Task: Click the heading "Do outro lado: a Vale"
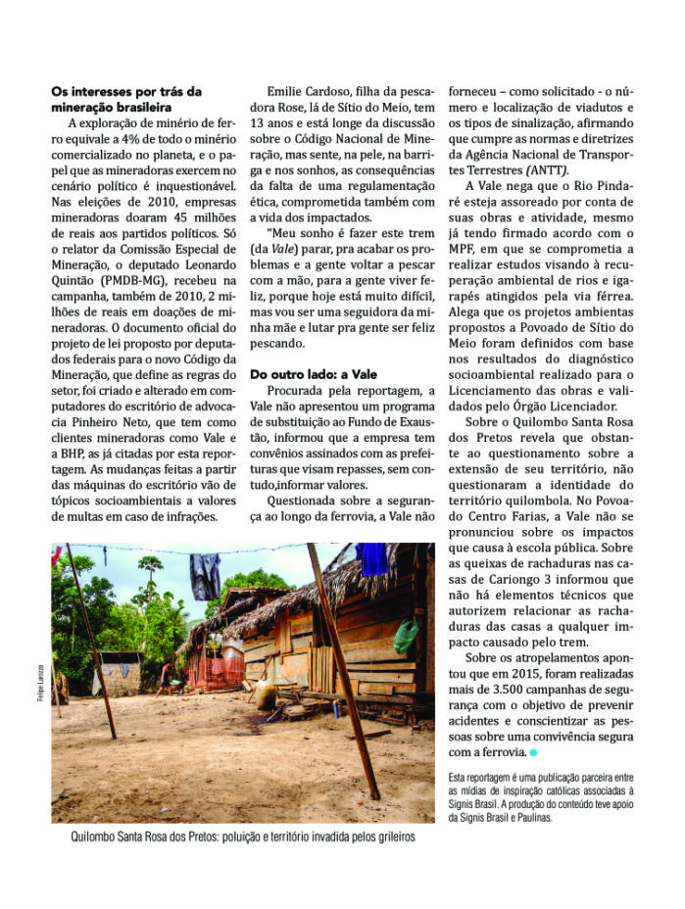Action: tap(315, 374)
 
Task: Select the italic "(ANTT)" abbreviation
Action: tap(534, 167)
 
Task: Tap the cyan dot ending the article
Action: tap(534, 752)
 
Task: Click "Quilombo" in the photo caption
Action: tap(98, 837)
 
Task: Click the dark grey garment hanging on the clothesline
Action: tap(206, 576)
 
